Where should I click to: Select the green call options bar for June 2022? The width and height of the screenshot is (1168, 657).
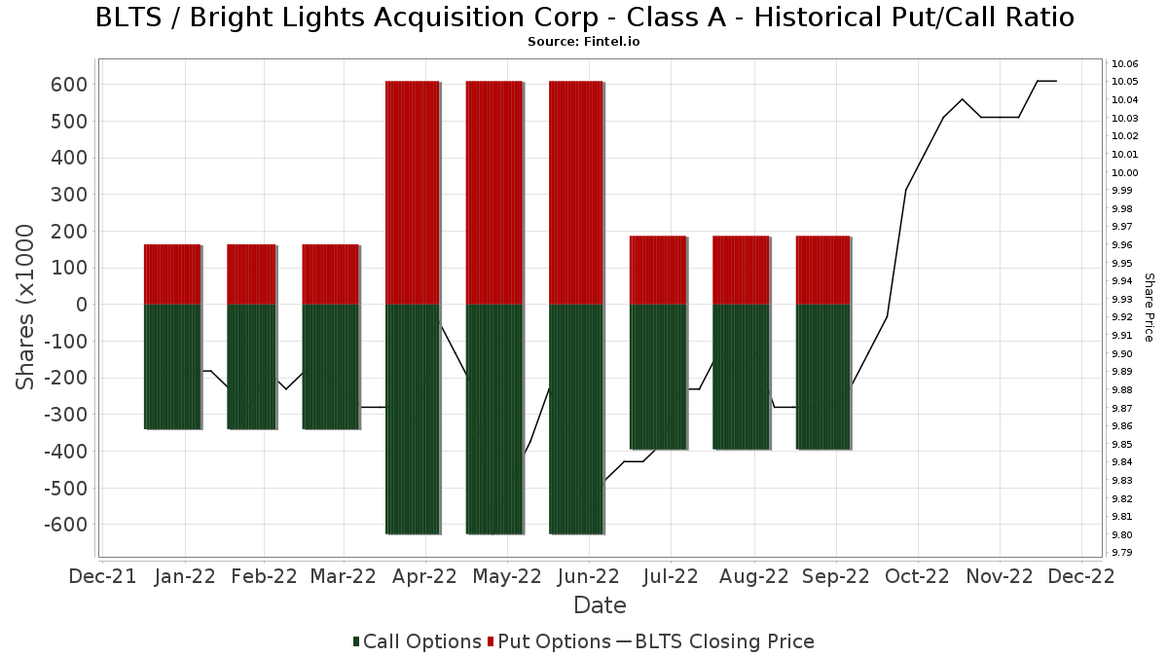(576, 419)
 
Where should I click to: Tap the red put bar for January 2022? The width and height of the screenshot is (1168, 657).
(172, 274)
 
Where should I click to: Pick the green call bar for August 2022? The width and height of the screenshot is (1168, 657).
(741, 377)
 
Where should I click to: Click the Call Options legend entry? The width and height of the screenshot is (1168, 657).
(417, 641)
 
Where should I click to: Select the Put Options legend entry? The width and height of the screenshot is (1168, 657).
(551, 641)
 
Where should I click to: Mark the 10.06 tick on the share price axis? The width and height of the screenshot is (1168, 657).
(1125, 64)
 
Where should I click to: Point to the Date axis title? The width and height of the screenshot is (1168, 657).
(600, 605)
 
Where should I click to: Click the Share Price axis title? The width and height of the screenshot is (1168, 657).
(1149, 307)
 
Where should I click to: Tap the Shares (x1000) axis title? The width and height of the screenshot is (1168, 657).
(27, 307)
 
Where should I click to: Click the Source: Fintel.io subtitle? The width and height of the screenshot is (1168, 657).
(583, 42)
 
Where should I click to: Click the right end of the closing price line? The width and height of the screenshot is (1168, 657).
(1056, 81)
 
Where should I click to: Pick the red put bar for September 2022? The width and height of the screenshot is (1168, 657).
(823, 271)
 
